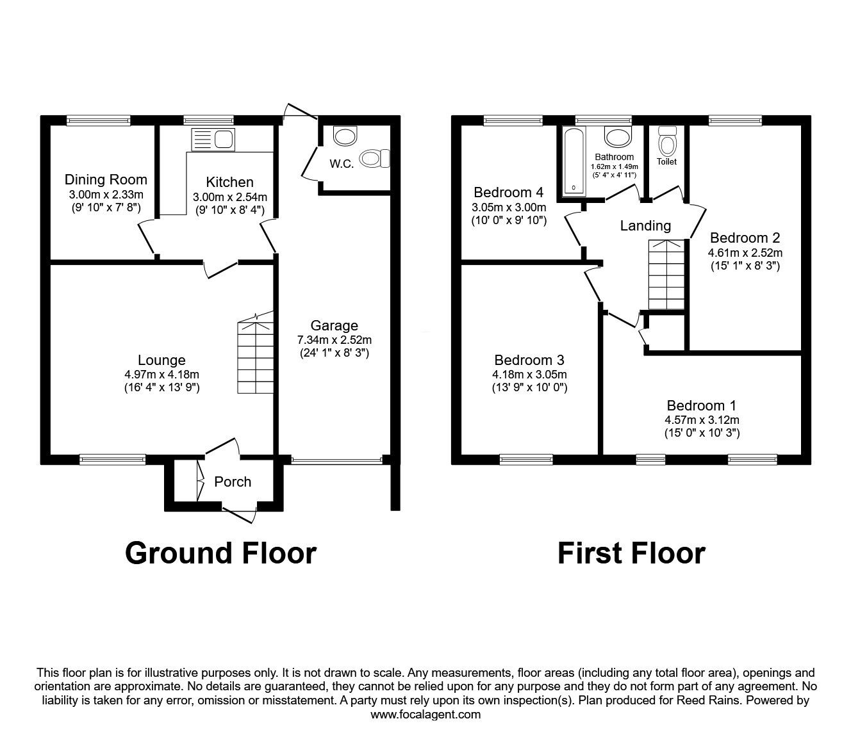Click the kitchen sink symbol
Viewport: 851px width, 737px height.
[213, 140]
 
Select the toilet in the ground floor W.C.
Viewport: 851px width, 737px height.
[374, 158]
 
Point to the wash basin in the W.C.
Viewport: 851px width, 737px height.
[345, 136]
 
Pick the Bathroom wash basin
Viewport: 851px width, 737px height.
[618, 136]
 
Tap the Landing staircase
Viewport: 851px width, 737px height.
[666, 274]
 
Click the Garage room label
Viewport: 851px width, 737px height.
[334, 325]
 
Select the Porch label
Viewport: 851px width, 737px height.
[233, 482]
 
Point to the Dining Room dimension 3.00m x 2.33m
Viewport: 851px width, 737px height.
[106, 194]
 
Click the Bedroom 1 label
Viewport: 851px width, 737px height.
[702, 405]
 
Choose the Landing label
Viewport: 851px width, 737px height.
[645, 225]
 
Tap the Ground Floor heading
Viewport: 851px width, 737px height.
[220, 553]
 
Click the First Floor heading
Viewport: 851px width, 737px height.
[632, 553]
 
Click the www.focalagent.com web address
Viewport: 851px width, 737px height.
[425, 715]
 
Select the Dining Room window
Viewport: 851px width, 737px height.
[99, 120]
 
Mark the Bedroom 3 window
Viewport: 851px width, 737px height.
[526, 459]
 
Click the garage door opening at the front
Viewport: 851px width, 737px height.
[337, 460]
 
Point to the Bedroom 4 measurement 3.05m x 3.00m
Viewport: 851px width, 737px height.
[509, 207]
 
